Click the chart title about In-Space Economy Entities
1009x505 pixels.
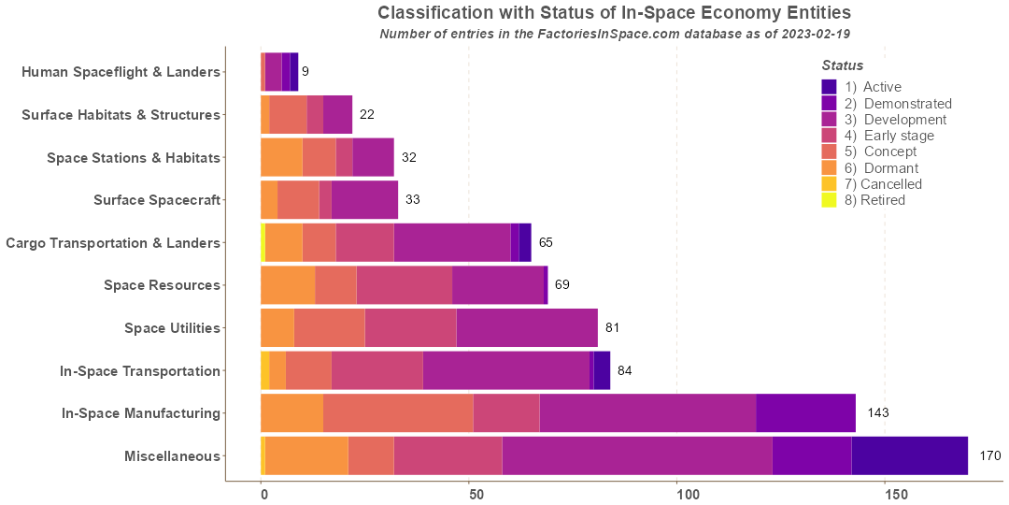coord(614,13)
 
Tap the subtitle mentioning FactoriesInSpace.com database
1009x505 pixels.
coord(614,34)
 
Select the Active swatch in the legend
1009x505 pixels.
coord(830,87)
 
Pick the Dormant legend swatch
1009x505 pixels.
coord(830,167)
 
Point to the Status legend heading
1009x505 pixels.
coord(842,65)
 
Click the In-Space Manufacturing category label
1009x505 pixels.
coord(140,413)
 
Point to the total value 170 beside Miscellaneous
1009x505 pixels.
coord(989,456)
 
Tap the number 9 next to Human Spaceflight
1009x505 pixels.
coord(305,72)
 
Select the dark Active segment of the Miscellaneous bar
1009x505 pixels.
coord(909,456)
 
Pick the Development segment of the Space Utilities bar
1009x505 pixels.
coord(527,328)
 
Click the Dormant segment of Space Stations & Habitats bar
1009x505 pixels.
coord(281,157)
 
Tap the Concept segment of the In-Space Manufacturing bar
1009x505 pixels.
coord(398,413)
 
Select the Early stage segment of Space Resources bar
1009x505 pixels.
coord(404,285)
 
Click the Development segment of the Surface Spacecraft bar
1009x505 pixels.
coord(364,200)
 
